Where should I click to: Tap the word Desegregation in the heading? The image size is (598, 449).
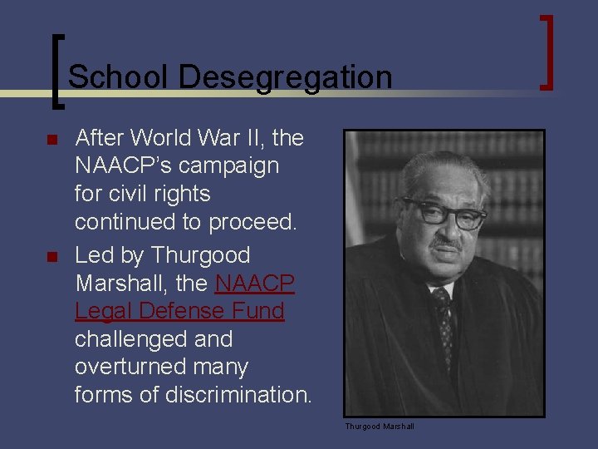pos(284,77)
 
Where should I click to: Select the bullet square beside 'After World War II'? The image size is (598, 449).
pos(51,139)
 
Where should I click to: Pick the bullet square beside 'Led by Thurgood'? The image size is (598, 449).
pos(51,256)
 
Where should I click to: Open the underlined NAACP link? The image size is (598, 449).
pos(254,283)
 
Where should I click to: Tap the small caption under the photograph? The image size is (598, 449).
pos(380,427)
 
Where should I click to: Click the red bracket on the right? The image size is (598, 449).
pos(547,52)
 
